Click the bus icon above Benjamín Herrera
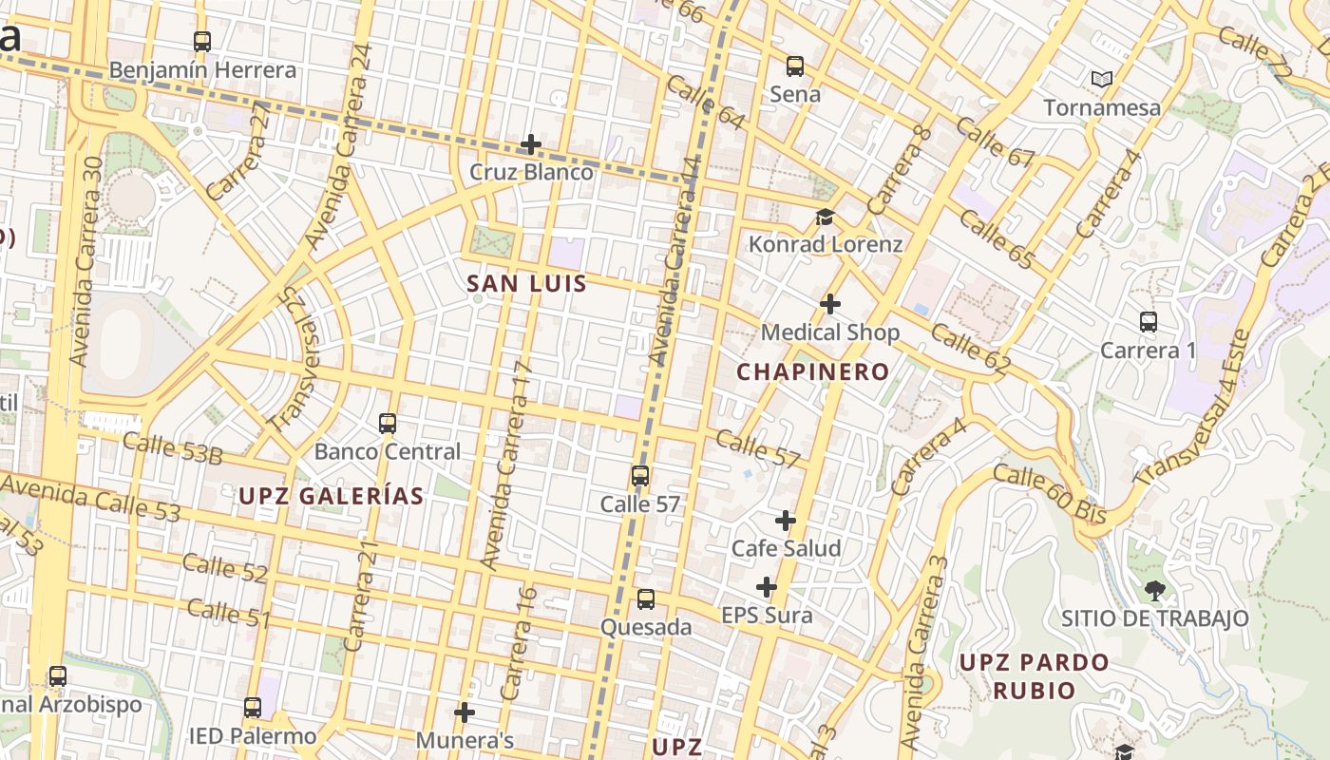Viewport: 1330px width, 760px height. [202, 42]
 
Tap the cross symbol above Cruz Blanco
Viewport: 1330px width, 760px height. [531, 144]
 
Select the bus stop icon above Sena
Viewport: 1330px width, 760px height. [795, 66]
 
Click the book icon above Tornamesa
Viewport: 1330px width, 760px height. [1102, 80]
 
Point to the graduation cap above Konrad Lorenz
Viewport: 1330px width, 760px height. [825, 218]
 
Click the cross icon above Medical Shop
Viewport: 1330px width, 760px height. [830, 304]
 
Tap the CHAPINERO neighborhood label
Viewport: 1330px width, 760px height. [813, 371]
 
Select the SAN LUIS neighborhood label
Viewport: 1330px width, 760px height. [526, 283]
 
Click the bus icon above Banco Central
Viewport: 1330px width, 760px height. [388, 424]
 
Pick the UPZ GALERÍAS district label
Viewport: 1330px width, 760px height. [331, 495]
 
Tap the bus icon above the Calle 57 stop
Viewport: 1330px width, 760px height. [641, 476]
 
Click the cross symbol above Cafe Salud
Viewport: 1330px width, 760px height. [786, 521]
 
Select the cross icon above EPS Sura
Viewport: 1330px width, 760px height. [767, 587]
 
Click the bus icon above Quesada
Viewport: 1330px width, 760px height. [646, 599]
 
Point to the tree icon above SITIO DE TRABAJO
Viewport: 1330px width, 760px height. [1155, 591]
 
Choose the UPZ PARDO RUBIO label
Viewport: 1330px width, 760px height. [1034, 675]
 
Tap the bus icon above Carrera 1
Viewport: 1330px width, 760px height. [1149, 322]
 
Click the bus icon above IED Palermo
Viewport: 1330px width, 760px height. [252, 708]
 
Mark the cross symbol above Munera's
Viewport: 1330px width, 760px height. [465, 712]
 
